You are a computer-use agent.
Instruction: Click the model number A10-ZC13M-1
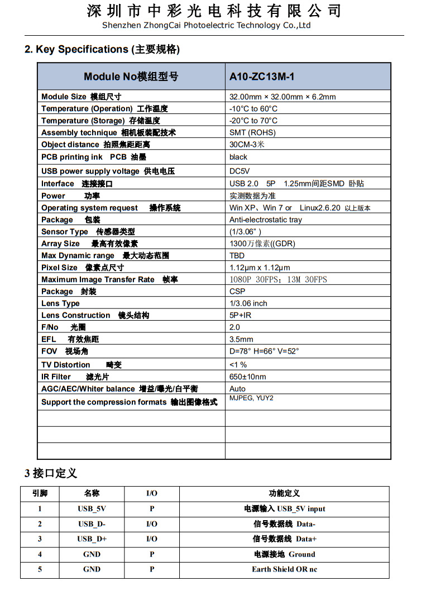pos(262,77)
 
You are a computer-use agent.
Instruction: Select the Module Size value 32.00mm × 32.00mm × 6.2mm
pos(283,97)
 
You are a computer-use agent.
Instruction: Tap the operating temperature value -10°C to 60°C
pos(253,109)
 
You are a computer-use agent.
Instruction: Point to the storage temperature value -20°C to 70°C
pos(253,121)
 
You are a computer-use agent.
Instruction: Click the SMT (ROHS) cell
pos(252,133)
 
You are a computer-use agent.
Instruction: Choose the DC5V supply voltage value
pos(240,171)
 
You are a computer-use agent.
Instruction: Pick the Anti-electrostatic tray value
pos(266,220)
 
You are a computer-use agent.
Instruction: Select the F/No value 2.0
pos(235,327)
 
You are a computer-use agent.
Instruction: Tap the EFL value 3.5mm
pos(241,339)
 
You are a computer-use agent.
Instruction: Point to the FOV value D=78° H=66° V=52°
pos(264,351)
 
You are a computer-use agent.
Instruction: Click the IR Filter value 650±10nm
pos(248,377)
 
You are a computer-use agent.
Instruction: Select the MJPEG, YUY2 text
pos(252,398)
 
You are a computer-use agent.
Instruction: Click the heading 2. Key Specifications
pos(102,50)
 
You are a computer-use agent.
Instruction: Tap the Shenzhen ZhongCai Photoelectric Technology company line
pos(207,26)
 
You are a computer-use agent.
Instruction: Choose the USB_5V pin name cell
pos(92,509)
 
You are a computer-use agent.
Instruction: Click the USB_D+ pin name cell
pos(92,539)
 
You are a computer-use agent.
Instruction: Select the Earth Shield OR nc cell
pos(284,569)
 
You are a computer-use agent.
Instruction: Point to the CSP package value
pos(237,292)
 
